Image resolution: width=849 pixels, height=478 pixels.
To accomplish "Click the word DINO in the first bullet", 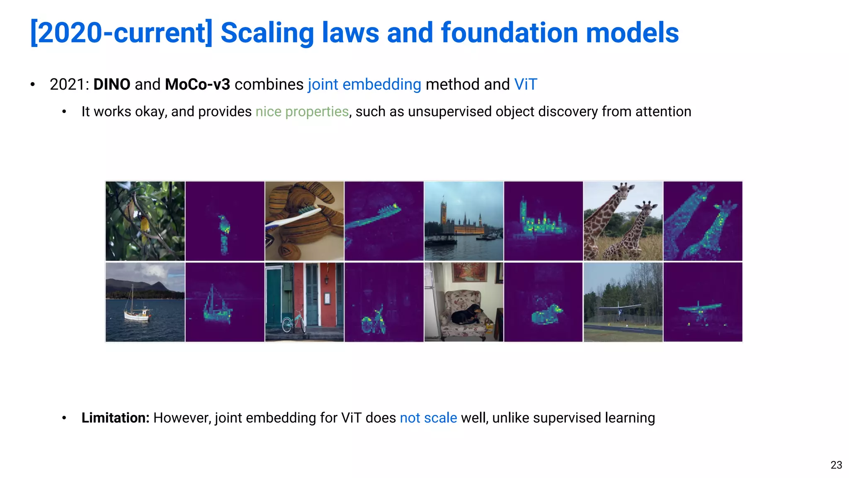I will pos(112,84).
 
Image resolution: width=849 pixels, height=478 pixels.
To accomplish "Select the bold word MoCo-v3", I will pos(197,84).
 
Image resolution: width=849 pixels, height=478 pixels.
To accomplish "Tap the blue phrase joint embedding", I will pos(364,84).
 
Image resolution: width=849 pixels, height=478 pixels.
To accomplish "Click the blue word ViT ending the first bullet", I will pos(525,84).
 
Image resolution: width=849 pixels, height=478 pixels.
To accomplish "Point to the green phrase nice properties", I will pos(302,112).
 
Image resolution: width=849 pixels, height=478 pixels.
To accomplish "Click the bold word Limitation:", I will pos(115,418).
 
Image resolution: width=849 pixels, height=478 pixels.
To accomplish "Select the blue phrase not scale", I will pos(428,418).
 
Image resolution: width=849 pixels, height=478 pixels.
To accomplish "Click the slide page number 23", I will pos(836,465).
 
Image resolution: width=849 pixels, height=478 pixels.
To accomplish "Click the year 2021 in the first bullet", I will pos(67,84).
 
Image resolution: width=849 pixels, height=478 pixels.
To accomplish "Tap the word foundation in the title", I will pos(509,33).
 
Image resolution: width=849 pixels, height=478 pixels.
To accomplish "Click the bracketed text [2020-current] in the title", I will pos(121,33).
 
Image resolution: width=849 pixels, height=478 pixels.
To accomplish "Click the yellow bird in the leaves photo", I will pos(144,225).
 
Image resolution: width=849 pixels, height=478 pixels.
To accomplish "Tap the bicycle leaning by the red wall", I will pos(293,322).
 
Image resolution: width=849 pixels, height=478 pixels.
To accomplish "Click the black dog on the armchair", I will pos(467,315).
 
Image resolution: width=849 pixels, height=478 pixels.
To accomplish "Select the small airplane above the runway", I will pos(619,309).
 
